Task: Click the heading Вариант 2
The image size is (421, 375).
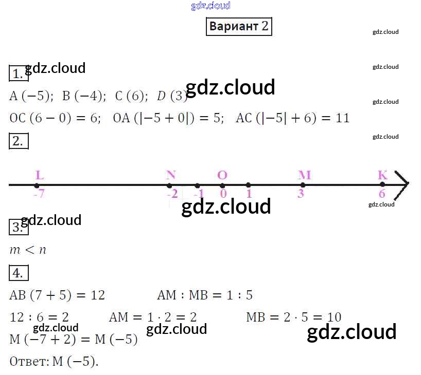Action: point(239,27)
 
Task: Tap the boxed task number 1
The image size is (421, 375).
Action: point(17,74)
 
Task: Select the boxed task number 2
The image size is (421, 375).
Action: point(18,141)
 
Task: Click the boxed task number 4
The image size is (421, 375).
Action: point(18,273)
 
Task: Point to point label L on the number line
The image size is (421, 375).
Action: point(39,176)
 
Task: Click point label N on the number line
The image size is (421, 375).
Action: point(171,175)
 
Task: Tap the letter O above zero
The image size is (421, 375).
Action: point(222,175)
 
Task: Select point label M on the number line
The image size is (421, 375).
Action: point(304,175)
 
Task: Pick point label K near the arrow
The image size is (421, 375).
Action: point(382,175)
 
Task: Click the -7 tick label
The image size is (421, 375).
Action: point(39,194)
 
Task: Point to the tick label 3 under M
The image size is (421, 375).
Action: point(301,194)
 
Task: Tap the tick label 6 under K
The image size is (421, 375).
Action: point(382,194)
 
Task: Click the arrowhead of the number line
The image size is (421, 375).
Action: point(402,184)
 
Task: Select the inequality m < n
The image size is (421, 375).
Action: point(28,250)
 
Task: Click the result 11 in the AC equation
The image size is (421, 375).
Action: point(342,118)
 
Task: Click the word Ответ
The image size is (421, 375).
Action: point(28,362)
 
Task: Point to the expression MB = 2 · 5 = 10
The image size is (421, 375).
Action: point(293,317)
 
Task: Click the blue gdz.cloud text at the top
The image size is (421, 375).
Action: point(210,6)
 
